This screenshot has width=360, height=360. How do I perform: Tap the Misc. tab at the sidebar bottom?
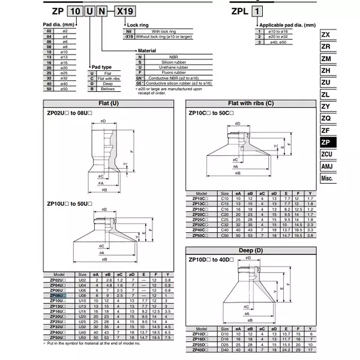click(x=326, y=178)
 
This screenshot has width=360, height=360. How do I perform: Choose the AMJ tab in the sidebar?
click(x=326, y=166)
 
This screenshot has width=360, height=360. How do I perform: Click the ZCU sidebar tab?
click(x=326, y=154)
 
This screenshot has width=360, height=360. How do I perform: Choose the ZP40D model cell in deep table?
click(x=198, y=350)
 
